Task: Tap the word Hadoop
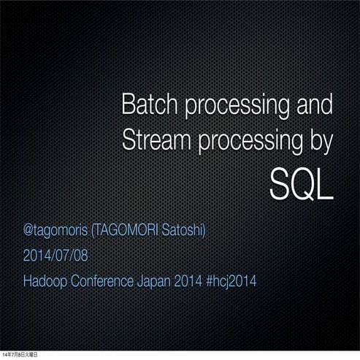[x=45, y=281]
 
